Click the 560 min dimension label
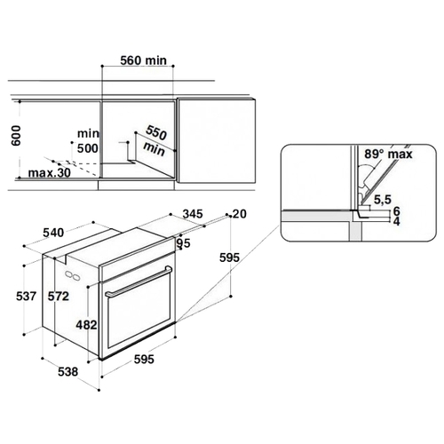[144, 60]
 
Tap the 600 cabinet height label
[16, 136]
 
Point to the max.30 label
[50, 172]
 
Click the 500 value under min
[88, 148]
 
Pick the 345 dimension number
[193, 213]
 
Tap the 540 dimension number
[53, 233]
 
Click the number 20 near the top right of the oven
[240, 214]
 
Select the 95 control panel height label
[184, 243]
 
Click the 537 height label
[27, 296]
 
